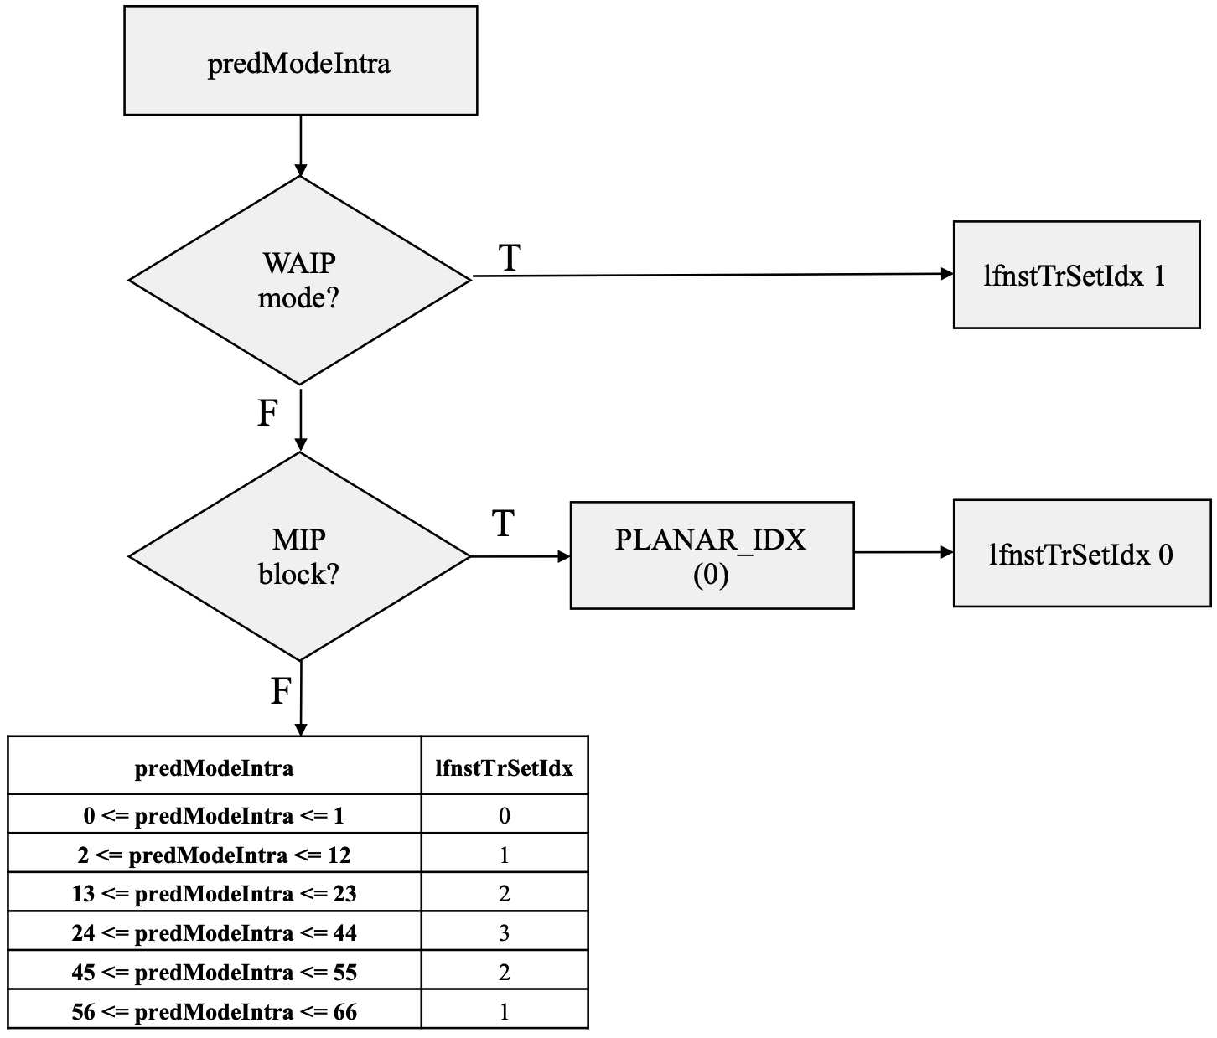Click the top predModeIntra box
point(300,60)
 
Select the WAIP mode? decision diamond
point(300,281)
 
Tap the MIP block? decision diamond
point(300,556)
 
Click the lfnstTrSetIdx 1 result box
point(1077,275)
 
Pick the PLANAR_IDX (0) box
point(712,555)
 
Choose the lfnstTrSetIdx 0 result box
point(1082,554)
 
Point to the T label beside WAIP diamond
point(510,258)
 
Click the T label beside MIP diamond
point(504,523)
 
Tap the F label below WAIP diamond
point(268,413)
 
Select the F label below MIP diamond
point(281,691)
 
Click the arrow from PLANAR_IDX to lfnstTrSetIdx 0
point(904,552)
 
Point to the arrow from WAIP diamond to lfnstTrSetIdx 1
point(713,275)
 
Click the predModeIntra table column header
point(215,768)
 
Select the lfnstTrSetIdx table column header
point(505,768)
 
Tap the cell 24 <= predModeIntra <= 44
point(215,933)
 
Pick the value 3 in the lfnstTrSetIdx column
point(505,933)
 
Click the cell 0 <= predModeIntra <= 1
point(215,816)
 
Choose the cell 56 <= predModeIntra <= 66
point(215,1012)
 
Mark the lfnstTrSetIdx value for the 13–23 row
point(505,894)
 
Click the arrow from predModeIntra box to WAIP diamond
point(300,146)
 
